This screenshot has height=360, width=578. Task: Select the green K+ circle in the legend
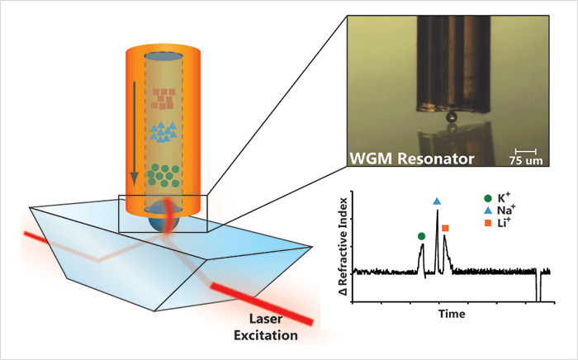pyautogui.click(x=488, y=199)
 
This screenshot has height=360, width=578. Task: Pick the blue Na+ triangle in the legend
pyautogui.click(x=488, y=212)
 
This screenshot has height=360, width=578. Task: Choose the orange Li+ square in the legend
pyautogui.click(x=488, y=225)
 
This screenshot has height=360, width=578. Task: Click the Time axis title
pyautogui.click(x=452, y=315)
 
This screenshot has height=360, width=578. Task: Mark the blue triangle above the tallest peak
pyautogui.click(x=437, y=201)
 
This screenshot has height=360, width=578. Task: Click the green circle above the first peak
pyautogui.click(x=422, y=236)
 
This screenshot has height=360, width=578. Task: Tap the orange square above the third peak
pyautogui.click(x=445, y=228)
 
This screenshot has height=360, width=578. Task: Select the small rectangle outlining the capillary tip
pyautogui.click(x=162, y=213)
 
